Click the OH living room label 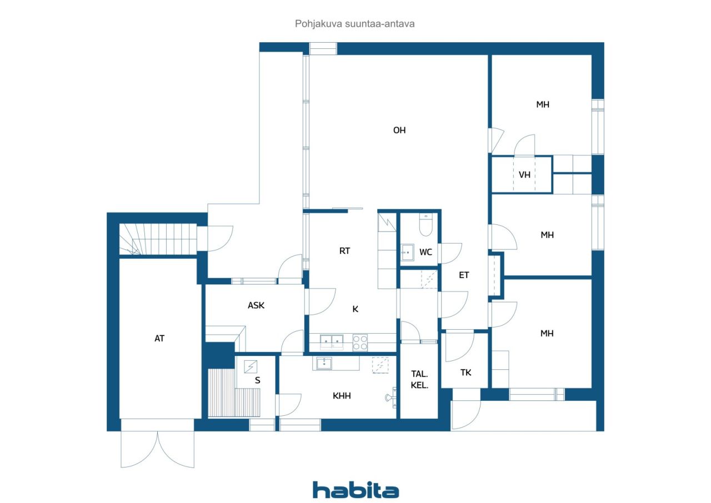(x=399, y=130)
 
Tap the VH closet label (x=524, y=175)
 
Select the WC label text (x=425, y=253)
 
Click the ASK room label (x=256, y=305)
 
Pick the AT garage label (x=159, y=338)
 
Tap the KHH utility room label (x=342, y=396)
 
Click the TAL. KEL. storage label (x=419, y=379)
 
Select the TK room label (x=465, y=373)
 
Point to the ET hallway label (x=464, y=274)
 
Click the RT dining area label (x=345, y=251)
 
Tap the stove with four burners (x=360, y=342)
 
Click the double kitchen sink (x=330, y=341)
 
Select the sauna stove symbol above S (x=251, y=366)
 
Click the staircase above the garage (x=158, y=239)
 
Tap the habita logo (x=355, y=490)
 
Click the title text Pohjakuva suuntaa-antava (x=355, y=24)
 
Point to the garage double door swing (x=158, y=449)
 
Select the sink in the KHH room (x=324, y=364)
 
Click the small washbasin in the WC (x=407, y=252)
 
